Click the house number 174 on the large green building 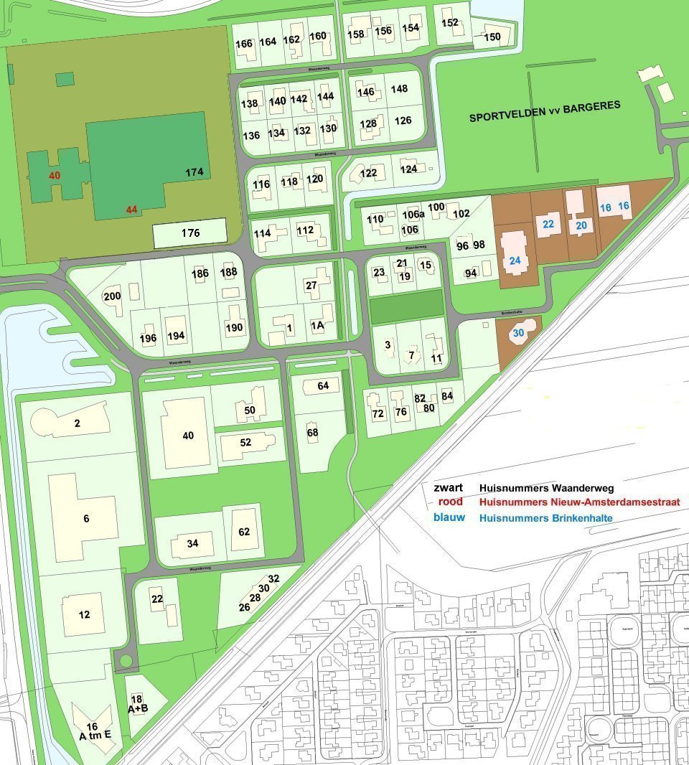click(194, 172)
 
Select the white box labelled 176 click(190, 233)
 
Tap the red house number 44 click(131, 210)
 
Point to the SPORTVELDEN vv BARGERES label click(545, 111)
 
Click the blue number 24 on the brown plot click(515, 261)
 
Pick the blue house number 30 click(517, 332)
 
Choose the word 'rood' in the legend click(450, 502)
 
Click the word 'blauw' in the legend click(449, 517)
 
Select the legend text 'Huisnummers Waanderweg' click(546, 488)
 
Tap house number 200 click(112, 296)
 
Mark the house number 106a click(413, 215)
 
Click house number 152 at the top click(450, 22)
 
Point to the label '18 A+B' click(137, 704)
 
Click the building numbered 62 click(244, 532)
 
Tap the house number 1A click(317, 325)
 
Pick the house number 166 click(244, 44)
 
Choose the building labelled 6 click(86, 518)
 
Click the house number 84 click(447, 395)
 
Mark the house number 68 click(312, 433)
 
